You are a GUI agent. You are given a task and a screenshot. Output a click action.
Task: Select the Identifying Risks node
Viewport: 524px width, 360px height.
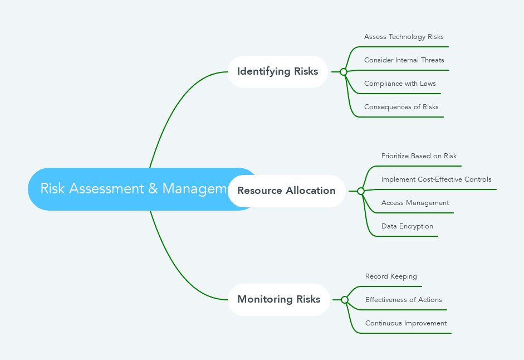[277, 71]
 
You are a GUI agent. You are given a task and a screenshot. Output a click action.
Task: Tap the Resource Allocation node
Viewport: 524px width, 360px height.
[286, 191]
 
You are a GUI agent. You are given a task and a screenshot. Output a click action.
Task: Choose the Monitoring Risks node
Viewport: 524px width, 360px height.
[278, 299]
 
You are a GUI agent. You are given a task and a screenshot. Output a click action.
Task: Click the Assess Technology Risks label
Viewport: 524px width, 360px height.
[404, 37]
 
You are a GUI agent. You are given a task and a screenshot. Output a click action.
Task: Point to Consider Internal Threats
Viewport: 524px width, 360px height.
[404, 60]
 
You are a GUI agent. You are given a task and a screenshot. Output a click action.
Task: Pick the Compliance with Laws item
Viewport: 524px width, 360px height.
[400, 84]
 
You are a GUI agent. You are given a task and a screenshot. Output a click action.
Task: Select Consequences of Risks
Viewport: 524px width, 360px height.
[401, 107]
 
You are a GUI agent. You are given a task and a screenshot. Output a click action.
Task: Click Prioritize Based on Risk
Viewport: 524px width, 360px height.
[419, 156]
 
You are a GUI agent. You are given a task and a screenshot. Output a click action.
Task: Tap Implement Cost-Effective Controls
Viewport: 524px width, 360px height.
[436, 179]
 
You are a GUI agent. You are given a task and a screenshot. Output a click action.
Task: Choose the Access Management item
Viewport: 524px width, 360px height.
[415, 203]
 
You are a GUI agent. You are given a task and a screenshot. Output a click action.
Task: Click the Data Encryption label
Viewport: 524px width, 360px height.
[407, 226]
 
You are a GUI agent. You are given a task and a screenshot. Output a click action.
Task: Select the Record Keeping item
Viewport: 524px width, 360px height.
[391, 276]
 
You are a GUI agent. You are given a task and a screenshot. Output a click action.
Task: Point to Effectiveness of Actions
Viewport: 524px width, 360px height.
[403, 300]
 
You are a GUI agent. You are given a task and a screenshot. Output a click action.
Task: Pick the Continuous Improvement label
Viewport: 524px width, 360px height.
[405, 323]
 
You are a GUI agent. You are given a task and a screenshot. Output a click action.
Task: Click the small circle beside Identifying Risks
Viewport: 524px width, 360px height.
[344, 72]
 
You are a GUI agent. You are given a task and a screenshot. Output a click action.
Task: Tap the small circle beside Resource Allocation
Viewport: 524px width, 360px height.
[361, 191]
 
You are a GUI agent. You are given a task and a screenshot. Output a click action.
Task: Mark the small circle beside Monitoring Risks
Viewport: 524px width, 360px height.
[345, 300]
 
